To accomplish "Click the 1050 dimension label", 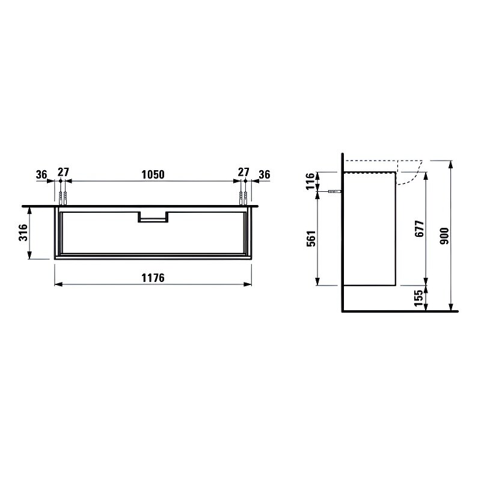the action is coord(153,174).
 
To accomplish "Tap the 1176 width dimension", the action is coord(153,278).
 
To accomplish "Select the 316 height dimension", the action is coord(23,232).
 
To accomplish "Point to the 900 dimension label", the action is coord(444,236).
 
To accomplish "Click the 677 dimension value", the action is coord(419,228).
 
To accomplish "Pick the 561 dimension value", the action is coord(311,239).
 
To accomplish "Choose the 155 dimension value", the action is coord(418,298).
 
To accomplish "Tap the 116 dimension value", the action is coord(310,182).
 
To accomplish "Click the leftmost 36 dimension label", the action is coord(41,174).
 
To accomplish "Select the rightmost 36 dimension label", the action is coord(265,174).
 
